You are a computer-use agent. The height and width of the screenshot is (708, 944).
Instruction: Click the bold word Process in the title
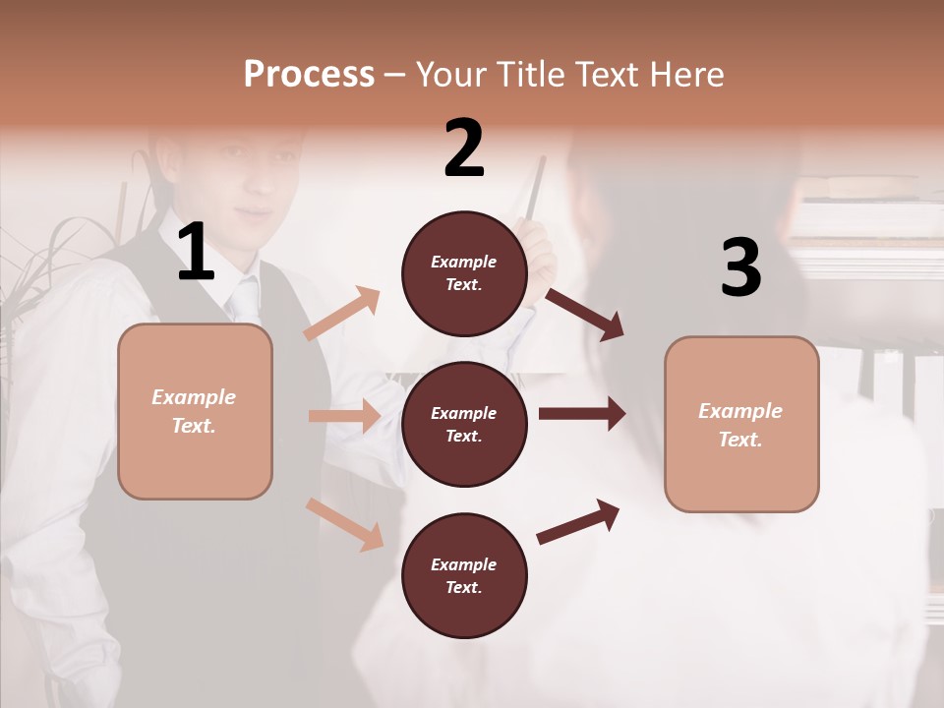point(309,74)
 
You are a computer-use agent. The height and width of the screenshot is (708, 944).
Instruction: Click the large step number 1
point(196,253)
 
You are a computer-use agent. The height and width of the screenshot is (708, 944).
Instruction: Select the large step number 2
point(464,148)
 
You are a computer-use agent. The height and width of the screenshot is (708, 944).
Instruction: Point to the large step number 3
point(740,267)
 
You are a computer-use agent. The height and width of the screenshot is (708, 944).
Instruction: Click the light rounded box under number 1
point(195,411)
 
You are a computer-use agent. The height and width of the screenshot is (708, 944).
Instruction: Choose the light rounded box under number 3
point(741,424)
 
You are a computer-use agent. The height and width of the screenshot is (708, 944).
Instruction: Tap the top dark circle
point(464,273)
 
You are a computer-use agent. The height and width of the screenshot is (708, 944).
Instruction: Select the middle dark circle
point(464,424)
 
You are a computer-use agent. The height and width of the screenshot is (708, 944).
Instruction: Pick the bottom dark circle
point(464,575)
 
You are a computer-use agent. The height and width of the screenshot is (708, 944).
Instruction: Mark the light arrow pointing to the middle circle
point(344,416)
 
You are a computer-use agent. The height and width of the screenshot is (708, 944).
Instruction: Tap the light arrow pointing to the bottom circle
point(345,523)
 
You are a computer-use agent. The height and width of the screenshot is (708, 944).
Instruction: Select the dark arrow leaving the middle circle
point(581,413)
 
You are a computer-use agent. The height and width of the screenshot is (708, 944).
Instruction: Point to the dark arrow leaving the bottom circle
point(578,520)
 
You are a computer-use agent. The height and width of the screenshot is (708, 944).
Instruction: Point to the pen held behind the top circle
point(535,192)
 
